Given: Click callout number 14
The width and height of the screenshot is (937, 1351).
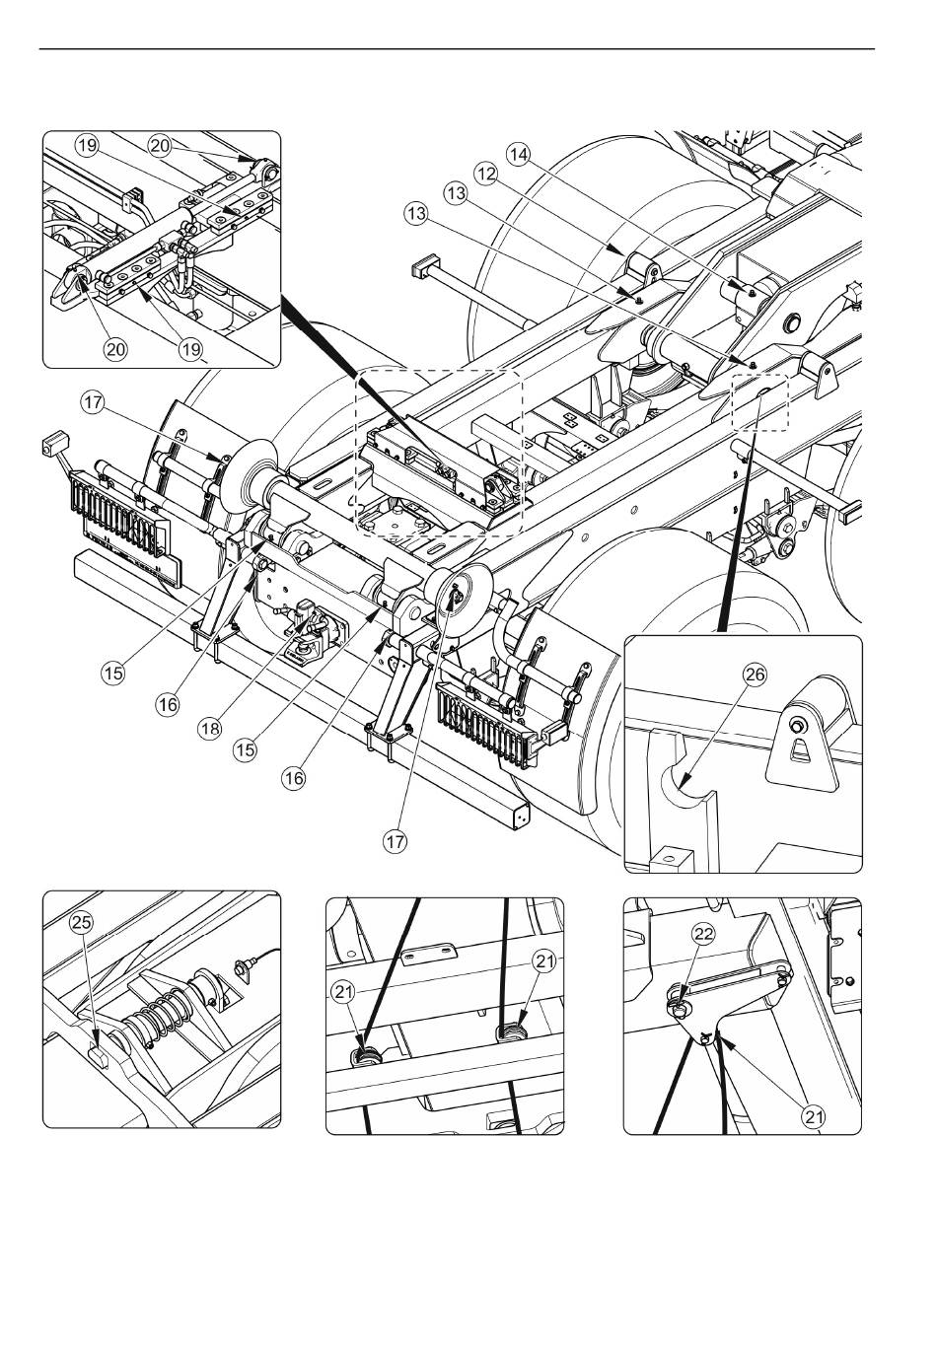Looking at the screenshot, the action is [x=518, y=155].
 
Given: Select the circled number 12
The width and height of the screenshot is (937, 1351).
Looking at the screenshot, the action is [x=486, y=175].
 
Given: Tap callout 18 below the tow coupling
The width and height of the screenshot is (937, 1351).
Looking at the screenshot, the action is [x=209, y=729].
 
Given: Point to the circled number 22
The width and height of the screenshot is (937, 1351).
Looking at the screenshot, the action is [x=704, y=934].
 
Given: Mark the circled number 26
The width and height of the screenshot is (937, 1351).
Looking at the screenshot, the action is [x=755, y=675].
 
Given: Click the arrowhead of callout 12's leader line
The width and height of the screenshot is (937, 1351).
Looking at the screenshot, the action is [x=615, y=249].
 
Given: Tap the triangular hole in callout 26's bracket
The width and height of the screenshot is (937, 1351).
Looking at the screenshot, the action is [x=800, y=751].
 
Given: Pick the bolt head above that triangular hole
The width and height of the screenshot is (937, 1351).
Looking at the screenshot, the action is [x=798, y=725].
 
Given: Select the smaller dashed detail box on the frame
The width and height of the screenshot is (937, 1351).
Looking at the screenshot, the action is [x=759, y=401].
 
